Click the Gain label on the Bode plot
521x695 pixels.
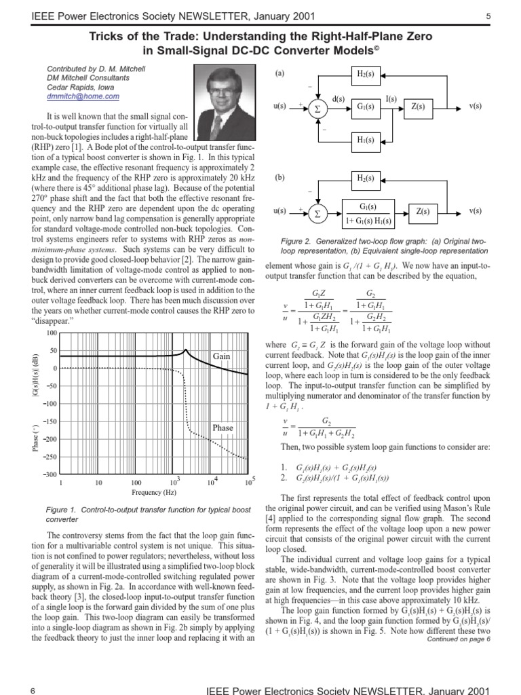point(222,356)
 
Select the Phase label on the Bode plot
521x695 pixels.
point(223,428)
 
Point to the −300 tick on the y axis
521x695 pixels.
point(49,475)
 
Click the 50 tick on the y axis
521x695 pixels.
point(52,351)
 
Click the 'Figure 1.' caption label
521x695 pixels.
point(60,508)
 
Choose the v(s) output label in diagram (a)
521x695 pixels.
point(476,107)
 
